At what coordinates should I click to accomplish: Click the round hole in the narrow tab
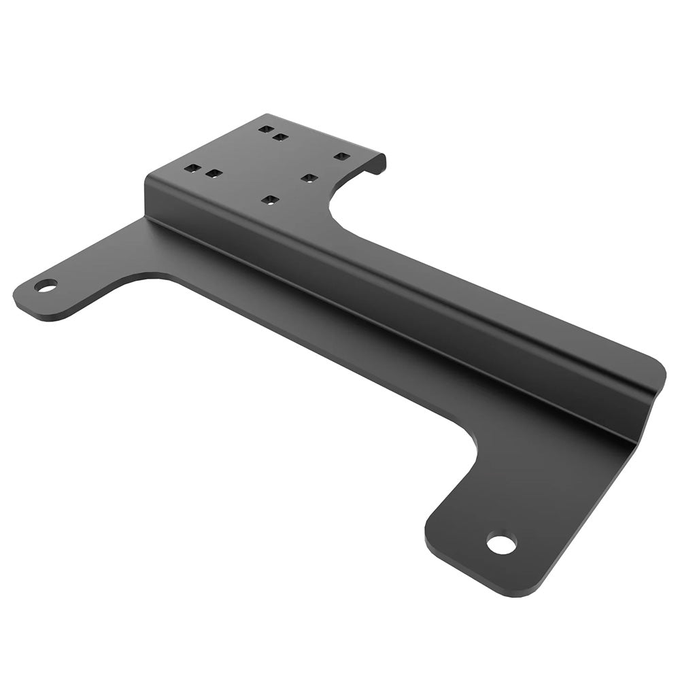tap(46, 285)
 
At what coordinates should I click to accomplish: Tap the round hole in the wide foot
tap(501, 544)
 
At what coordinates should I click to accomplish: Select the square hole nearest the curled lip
tap(341, 156)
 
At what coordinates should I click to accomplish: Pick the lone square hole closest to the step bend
tap(271, 200)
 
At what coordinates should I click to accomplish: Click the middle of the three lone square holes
tap(309, 177)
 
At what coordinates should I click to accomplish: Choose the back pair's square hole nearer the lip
tap(280, 137)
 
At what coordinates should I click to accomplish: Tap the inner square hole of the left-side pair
tap(214, 173)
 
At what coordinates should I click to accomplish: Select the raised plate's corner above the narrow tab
tap(148, 177)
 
